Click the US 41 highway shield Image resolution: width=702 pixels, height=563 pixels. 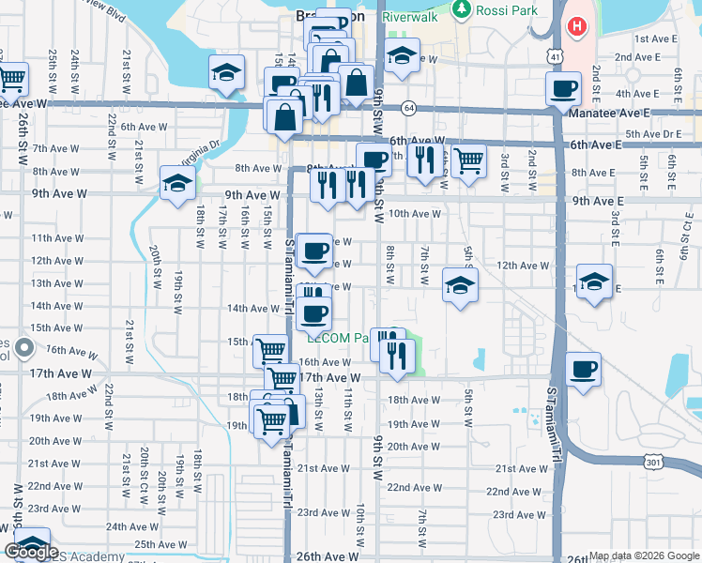tap(557, 58)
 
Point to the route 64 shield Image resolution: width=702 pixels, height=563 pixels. tap(409, 108)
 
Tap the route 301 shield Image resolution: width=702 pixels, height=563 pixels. tap(653, 461)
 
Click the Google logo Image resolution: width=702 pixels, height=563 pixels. tap(31, 552)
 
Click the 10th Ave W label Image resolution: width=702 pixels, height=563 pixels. tap(415, 214)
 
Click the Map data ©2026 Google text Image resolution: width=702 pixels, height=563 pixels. tap(645, 555)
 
